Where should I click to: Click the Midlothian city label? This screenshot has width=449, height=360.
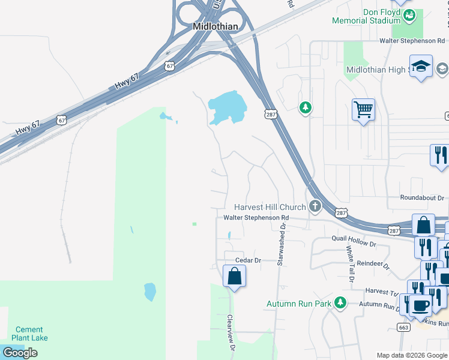pyautogui.click(x=215, y=26)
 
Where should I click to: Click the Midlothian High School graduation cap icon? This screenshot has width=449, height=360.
pyautogui.click(x=421, y=67)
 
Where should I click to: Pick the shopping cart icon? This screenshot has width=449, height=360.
pyautogui.click(x=363, y=110)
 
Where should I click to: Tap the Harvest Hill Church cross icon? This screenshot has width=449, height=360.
pyautogui.click(x=315, y=207)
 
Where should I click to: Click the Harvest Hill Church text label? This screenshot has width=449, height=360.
pyautogui.click(x=270, y=207)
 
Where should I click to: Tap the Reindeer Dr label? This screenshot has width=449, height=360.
pyautogui.click(x=373, y=263)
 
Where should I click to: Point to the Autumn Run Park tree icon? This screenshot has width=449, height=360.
pyautogui.click(x=340, y=303)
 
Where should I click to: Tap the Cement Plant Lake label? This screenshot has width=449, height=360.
pyautogui.click(x=29, y=334)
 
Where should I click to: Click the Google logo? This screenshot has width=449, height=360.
pyautogui.click(x=20, y=353)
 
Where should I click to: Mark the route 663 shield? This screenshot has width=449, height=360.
pyautogui.click(x=403, y=327)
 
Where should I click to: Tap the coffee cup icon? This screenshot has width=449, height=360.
pyautogui.click(x=420, y=305)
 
